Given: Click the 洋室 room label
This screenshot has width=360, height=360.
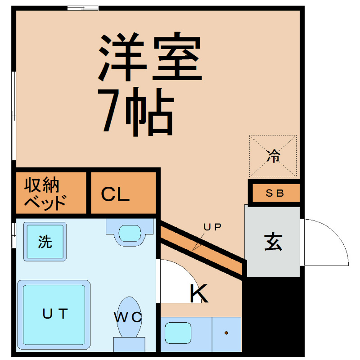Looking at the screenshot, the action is point(150,57).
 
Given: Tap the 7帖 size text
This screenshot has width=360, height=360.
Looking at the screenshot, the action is point(136,112).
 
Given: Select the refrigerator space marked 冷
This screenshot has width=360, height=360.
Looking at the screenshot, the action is point(273,156).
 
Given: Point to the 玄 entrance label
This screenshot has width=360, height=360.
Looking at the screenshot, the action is point(273,242).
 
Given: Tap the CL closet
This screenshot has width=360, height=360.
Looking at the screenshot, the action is point(123,193).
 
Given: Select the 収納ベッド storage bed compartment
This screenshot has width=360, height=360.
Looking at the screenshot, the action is point(51,193).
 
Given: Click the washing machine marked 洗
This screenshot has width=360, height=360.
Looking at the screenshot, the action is point(45,242).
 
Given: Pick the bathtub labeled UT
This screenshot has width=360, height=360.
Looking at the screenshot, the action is point(54,315).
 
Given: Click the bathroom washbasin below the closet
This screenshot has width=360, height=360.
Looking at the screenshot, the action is point(130,232).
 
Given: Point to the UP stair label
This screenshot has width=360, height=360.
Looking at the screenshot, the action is point(212,227).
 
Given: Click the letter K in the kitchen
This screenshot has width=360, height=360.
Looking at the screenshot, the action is point(199,293).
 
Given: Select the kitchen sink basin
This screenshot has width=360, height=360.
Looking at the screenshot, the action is point(178,333).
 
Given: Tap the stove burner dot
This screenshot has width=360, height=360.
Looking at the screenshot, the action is point(226,333).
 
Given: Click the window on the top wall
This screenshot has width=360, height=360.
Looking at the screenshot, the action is point(83,8).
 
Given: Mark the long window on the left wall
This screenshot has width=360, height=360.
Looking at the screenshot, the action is point(13,116).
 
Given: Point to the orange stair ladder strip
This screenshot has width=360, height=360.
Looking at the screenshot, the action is point(201,251).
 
